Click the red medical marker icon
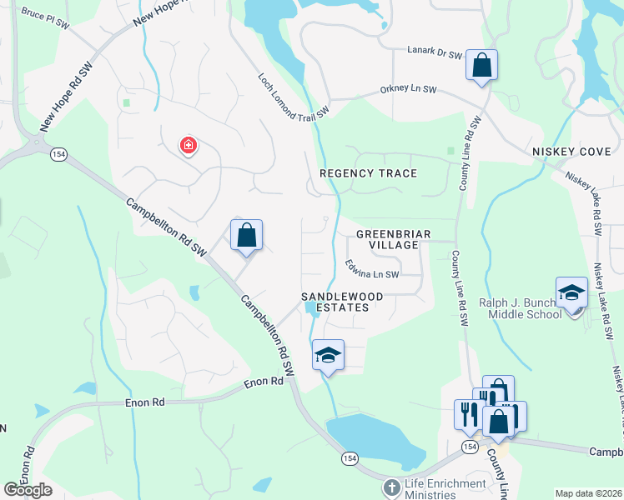(x=189, y=146)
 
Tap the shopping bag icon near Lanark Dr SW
(x=481, y=65)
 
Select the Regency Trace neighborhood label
(x=368, y=173)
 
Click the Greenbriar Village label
(x=393, y=240)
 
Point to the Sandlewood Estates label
(x=342, y=302)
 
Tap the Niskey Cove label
(x=572, y=151)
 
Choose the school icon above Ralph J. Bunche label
(x=572, y=292)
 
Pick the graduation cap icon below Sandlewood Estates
(x=328, y=356)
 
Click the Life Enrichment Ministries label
(x=445, y=488)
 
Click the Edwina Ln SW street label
(x=373, y=269)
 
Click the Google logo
(x=28, y=490)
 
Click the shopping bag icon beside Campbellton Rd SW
(x=246, y=235)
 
